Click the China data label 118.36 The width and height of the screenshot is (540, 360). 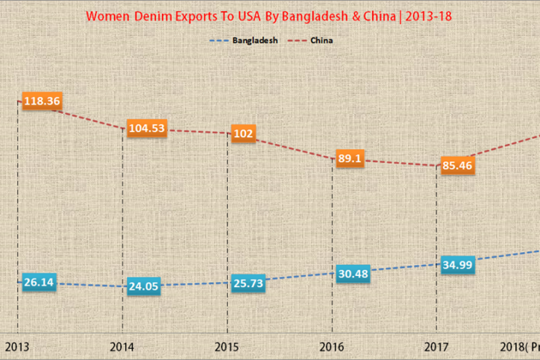tap(42, 101)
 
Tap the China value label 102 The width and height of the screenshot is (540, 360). tap(243, 134)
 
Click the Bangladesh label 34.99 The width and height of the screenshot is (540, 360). tap(458, 264)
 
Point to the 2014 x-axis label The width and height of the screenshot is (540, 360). tap(123, 347)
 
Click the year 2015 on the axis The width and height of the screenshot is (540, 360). tap(228, 347)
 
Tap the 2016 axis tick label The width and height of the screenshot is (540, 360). tap(332, 347)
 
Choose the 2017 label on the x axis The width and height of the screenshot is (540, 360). tap(436, 347)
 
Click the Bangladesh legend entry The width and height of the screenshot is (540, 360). tap(255, 40)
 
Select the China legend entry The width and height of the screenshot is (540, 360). tap(322, 40)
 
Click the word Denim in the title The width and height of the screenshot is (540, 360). tap(153, 15)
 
